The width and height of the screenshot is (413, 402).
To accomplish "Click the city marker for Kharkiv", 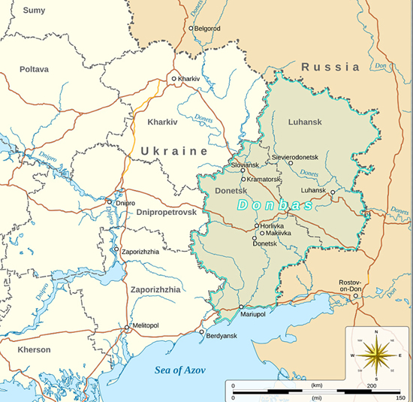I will [174, 78].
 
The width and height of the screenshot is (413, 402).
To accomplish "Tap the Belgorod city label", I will [208, 29].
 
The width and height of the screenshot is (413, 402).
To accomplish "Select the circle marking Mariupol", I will [241, 307].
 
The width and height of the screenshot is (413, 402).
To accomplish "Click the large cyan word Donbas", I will [275, 205].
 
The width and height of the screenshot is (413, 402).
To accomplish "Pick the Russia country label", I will [330, 68].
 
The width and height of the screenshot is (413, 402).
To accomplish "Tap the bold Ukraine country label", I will [173, 151].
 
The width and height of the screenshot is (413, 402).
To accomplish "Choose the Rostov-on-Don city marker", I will [356, 295].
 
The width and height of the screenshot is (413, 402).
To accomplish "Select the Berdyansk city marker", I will [201, 331].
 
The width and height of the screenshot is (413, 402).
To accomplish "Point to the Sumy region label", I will [34, 11].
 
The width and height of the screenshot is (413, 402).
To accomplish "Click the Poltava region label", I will [35, 69].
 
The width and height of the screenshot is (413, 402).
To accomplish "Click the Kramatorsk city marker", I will [243, 180].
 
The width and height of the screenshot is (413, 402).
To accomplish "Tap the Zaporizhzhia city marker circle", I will [116, 250].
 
